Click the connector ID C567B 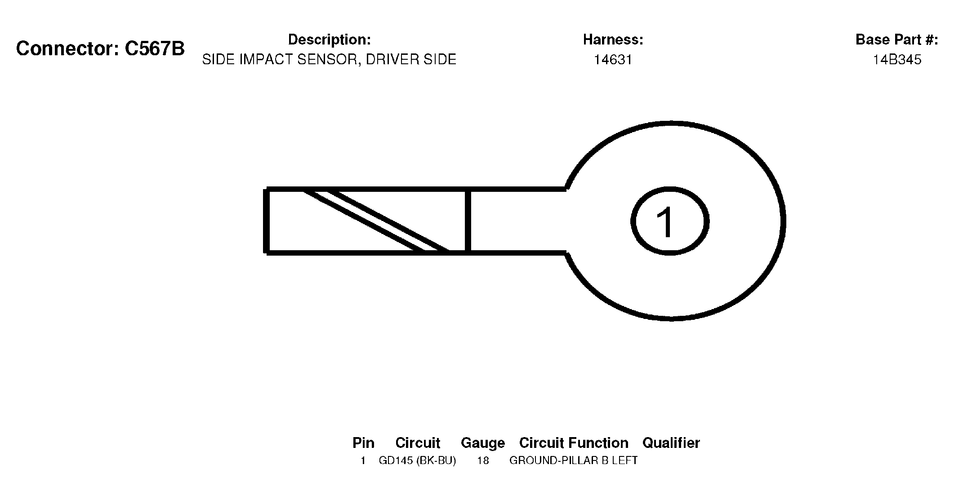[x=154, y=49]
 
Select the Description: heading [x=329, y=40]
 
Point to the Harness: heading [x=613, y=40]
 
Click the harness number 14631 [x=613, y=60]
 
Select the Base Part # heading [x=896, y=40]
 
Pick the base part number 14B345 [x=897, y=60]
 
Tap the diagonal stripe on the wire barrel [x=376, y=221]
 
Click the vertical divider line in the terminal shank [x=468, y=221]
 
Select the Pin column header [x=363, y=443]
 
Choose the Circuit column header [x=418, y=443]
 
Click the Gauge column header [x=483, y=443]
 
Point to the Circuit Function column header [x=574, y=443]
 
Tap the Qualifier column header [x=671, y=443]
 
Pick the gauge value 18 [x=483, y=460]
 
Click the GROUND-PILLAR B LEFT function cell [x=573, y=460]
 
